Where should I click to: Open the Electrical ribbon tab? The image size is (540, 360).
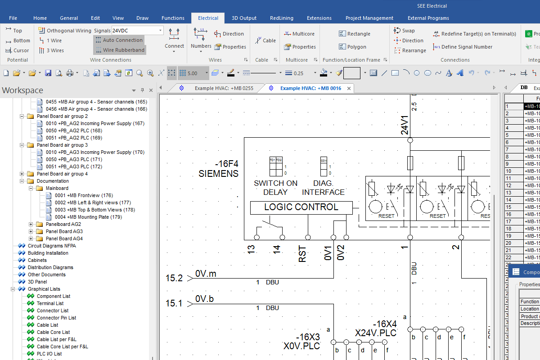[x=208, y=18]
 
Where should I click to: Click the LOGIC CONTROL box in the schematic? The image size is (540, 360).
[x=301, y=207]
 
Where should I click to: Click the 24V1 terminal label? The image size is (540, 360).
[x=405, y=125]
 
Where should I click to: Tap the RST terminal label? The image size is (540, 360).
[x=302, y=254]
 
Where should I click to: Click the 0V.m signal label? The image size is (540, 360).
[x=206, y=274]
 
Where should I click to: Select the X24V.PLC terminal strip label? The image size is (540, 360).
[x=375, y=333]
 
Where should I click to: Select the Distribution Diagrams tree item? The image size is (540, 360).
[x=50, y=267]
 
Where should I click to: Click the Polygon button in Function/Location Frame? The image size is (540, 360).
[x=356, y=47]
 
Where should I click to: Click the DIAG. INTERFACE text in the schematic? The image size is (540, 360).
[x=323, y=188]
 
